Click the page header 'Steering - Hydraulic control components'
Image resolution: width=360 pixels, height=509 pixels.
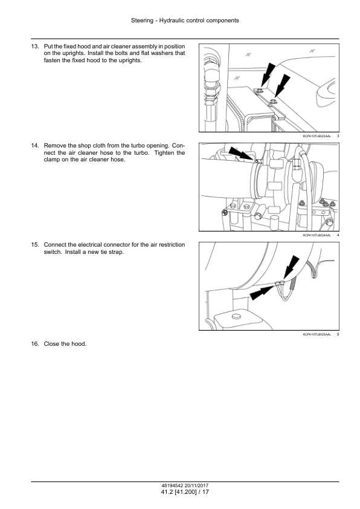click(185, 21)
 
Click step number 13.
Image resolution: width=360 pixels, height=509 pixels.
click(34, 47)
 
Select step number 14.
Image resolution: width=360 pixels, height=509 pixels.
click(34, 146)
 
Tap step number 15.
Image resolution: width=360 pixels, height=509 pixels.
click(34, 245)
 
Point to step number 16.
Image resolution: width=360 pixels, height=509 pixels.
click(34, 344)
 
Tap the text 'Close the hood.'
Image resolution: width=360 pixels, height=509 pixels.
click(65, 344)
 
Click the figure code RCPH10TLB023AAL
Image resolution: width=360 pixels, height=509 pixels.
click(317, 136)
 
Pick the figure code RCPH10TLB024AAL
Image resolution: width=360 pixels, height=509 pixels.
click(317, 235)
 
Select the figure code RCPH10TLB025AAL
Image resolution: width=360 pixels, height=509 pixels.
click(317, 334)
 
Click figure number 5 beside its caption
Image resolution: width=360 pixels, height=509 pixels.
click(338, 334)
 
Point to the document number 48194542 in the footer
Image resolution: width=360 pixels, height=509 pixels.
click(173, 485)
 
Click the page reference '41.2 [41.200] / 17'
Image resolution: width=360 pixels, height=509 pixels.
click(185, 492)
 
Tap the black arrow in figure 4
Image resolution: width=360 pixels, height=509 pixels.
click(240, 154)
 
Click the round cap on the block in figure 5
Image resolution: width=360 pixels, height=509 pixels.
click(235, 316)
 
